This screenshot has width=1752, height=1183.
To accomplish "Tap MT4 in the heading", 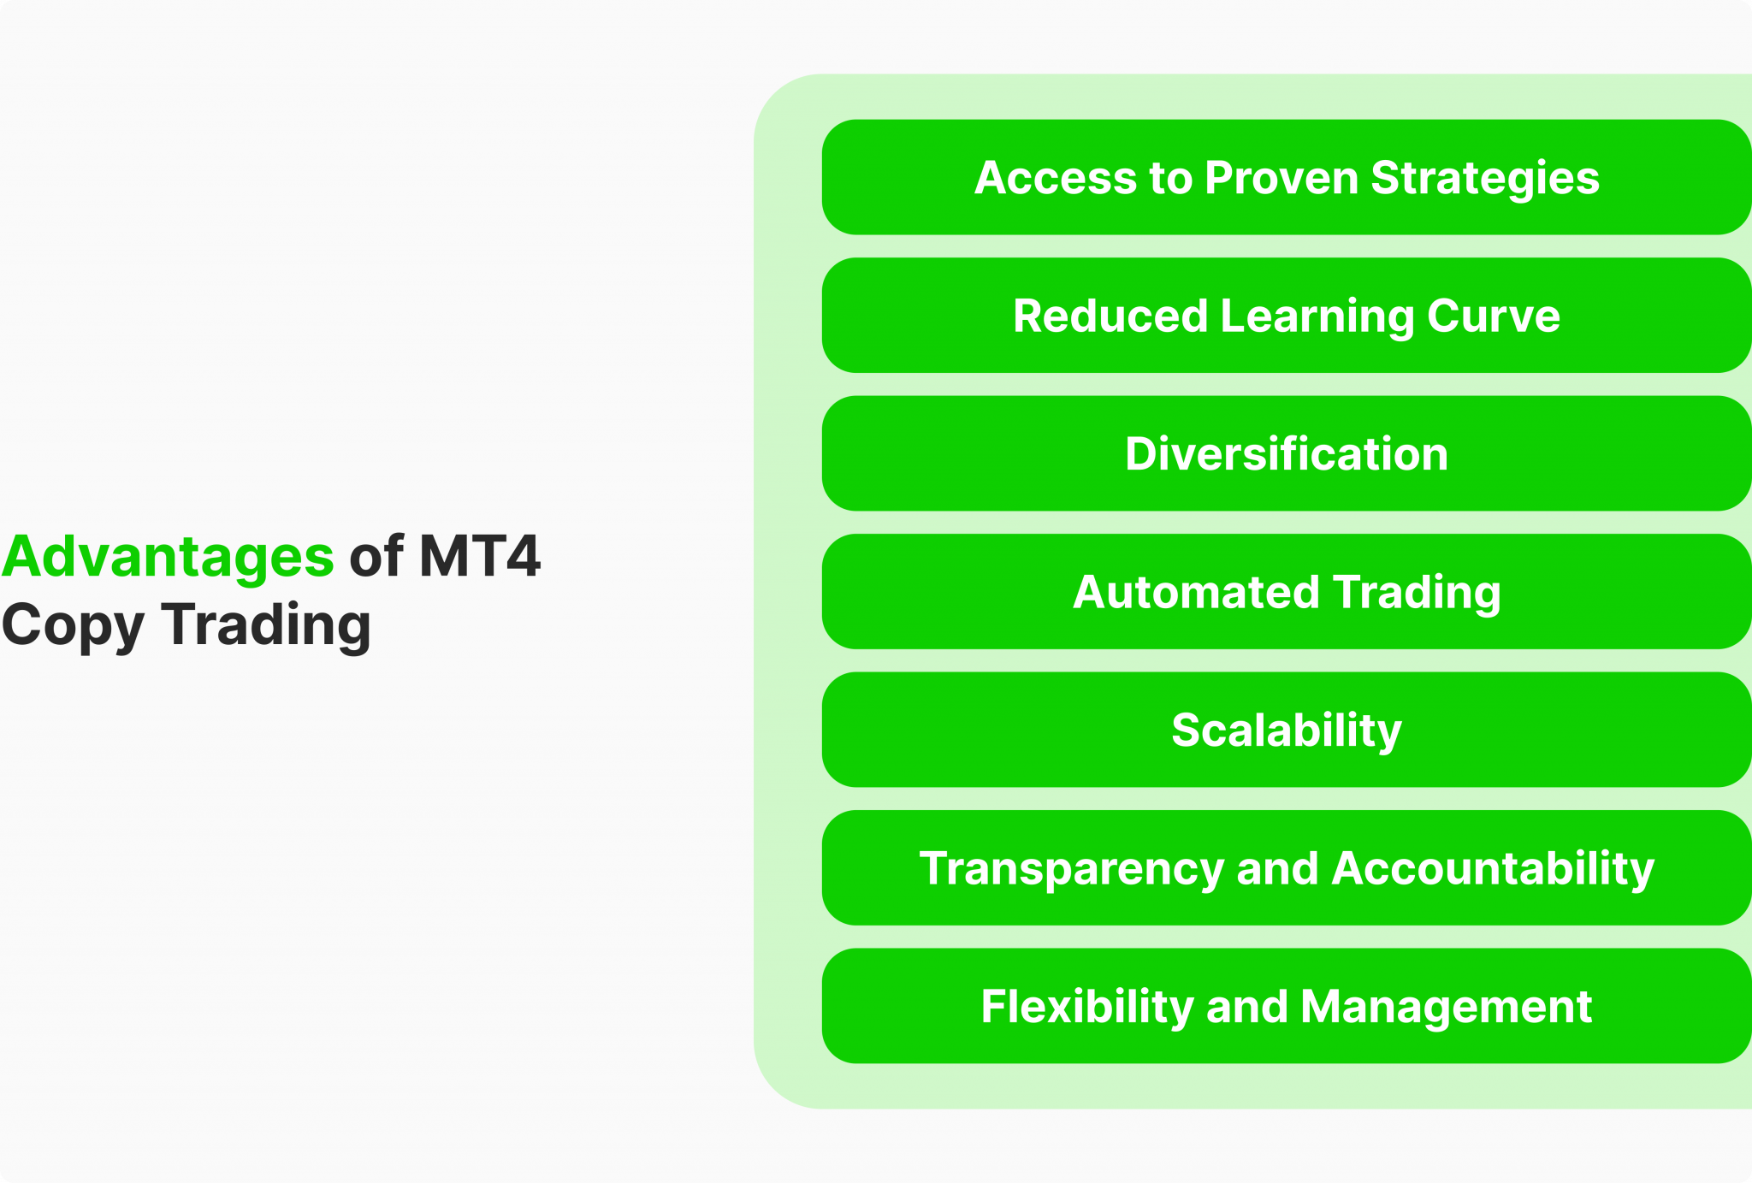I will point(479,556).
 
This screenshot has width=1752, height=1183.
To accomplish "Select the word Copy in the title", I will point(73,626).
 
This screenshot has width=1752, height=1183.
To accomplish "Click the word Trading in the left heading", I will point(266,624).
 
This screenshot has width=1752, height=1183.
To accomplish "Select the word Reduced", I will point(1110,316).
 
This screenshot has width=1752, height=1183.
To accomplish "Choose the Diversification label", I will point(1286,453).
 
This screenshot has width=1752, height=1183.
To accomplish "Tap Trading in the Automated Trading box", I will point(1416,593).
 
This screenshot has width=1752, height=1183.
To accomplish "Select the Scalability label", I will point(1286,731).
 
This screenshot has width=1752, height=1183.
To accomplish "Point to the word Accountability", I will point(1493,869).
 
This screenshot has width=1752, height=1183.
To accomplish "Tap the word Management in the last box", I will point(1446,1007).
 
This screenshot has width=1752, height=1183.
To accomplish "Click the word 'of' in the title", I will point(376,556).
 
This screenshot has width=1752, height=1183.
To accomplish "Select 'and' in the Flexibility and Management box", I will point(1246,1007).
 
